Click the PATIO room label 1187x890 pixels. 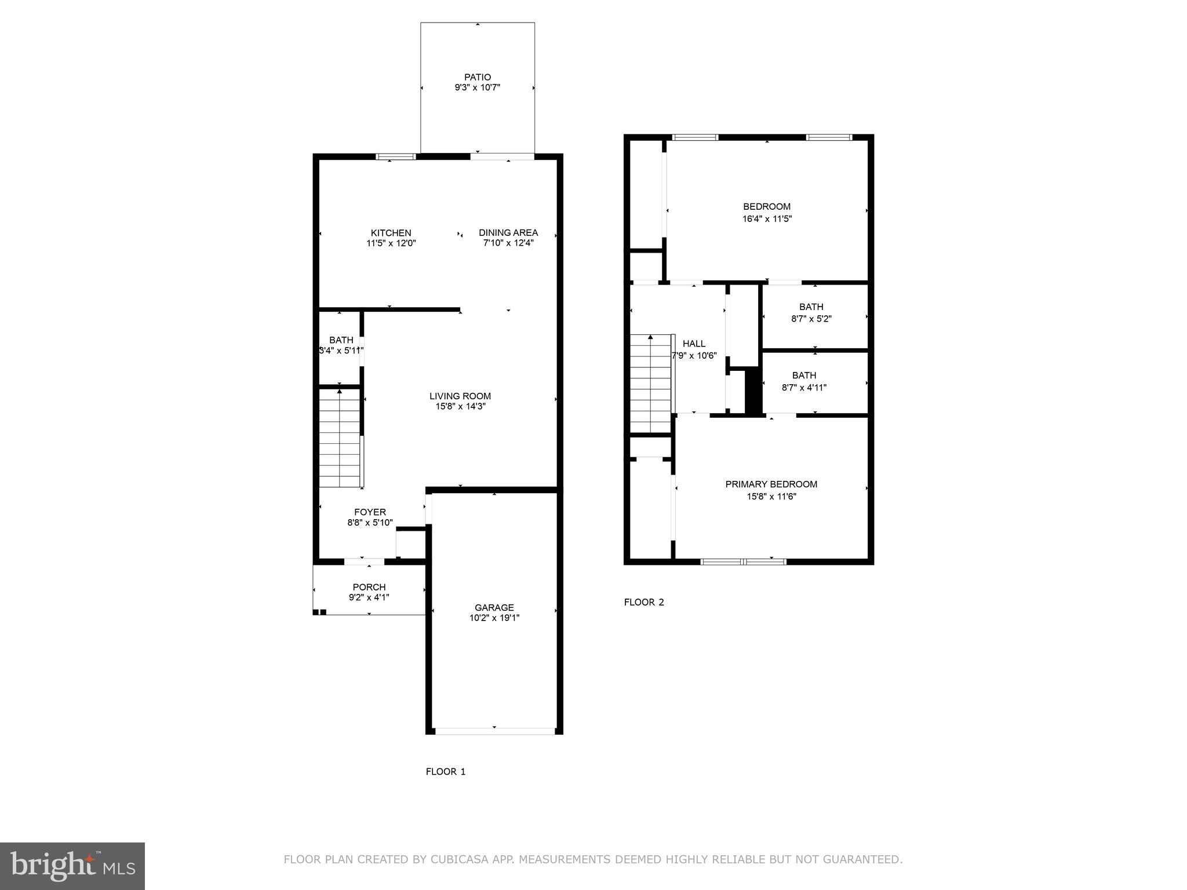pos(477,77)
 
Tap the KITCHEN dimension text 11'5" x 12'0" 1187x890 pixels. pos(391,243)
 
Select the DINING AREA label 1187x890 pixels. pos(508,232)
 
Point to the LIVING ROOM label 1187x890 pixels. pos(460,396)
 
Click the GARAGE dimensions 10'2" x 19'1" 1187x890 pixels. pos(494,618)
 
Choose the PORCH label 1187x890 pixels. pos(369,587)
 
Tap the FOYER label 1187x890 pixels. pos(370,512)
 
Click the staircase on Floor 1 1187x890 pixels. pos(340,440)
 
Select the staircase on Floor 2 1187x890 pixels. pos(650,385)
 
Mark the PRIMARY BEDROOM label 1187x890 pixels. pos(771,484)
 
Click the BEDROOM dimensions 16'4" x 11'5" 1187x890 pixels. pos(767,219)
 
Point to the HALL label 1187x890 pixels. pos(694,344)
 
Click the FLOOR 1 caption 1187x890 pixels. pos(445,771)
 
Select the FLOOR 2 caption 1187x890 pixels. pos(643,602)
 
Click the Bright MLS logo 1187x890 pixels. pos(72,866)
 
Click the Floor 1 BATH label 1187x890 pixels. pos(341,340)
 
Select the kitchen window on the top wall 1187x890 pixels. pos(396,156)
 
